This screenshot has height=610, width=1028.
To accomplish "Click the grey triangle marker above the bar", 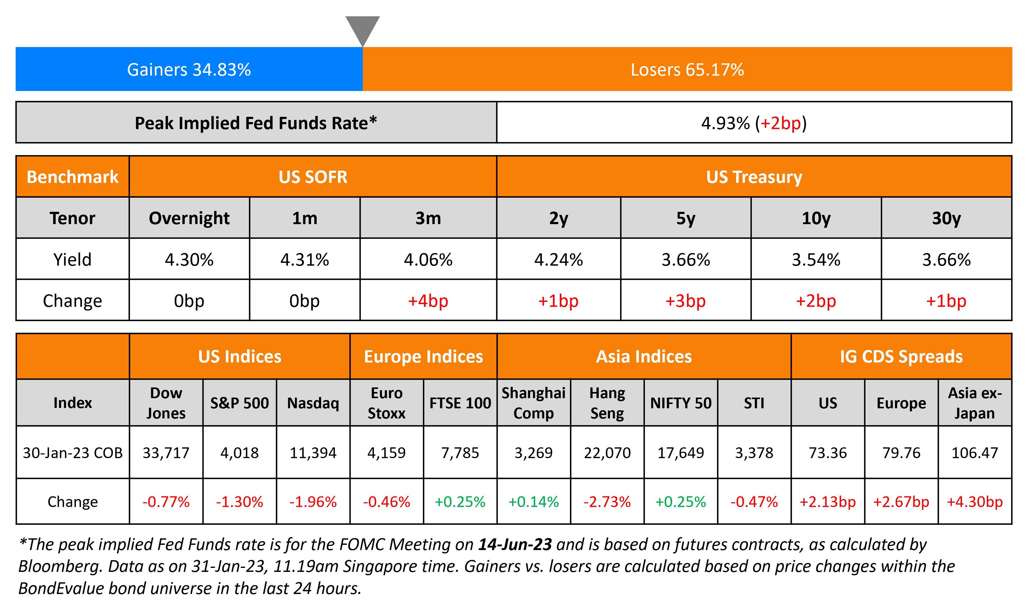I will (x=362, y=28).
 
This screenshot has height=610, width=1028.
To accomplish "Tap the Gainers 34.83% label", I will (x=189, y=69).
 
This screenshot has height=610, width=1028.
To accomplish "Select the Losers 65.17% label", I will (x=687, y=69).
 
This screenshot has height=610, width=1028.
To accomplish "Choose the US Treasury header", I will (x=754, y=177).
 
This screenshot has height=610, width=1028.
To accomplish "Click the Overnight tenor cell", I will (x=189, y=218).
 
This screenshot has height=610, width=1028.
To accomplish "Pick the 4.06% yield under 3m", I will (x=428, y=259).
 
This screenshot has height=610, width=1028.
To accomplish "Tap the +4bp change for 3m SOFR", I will (x=428, y=301).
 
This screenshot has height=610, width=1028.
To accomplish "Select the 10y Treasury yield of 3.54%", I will (x=816, y=259).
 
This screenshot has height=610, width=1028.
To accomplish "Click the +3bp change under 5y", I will (x=685, y=301).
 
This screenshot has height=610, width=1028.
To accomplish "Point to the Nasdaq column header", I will (x=313, y=403).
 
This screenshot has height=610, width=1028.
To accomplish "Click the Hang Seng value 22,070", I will (x=607, y=453).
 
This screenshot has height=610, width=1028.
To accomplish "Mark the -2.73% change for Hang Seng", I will (x=607, y=501).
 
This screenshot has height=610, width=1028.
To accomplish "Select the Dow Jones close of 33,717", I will (x=166, y=453).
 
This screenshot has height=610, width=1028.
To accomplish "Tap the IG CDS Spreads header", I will (x=901, y=356).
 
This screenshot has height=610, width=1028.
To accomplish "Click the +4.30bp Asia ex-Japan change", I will (x=974, y=501).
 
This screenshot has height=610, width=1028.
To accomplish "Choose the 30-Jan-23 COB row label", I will (x=73, y=453).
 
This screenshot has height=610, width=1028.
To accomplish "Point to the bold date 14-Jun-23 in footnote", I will (x=515, y=544).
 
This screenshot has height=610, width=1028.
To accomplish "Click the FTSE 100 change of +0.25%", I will (x=460, y=501).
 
